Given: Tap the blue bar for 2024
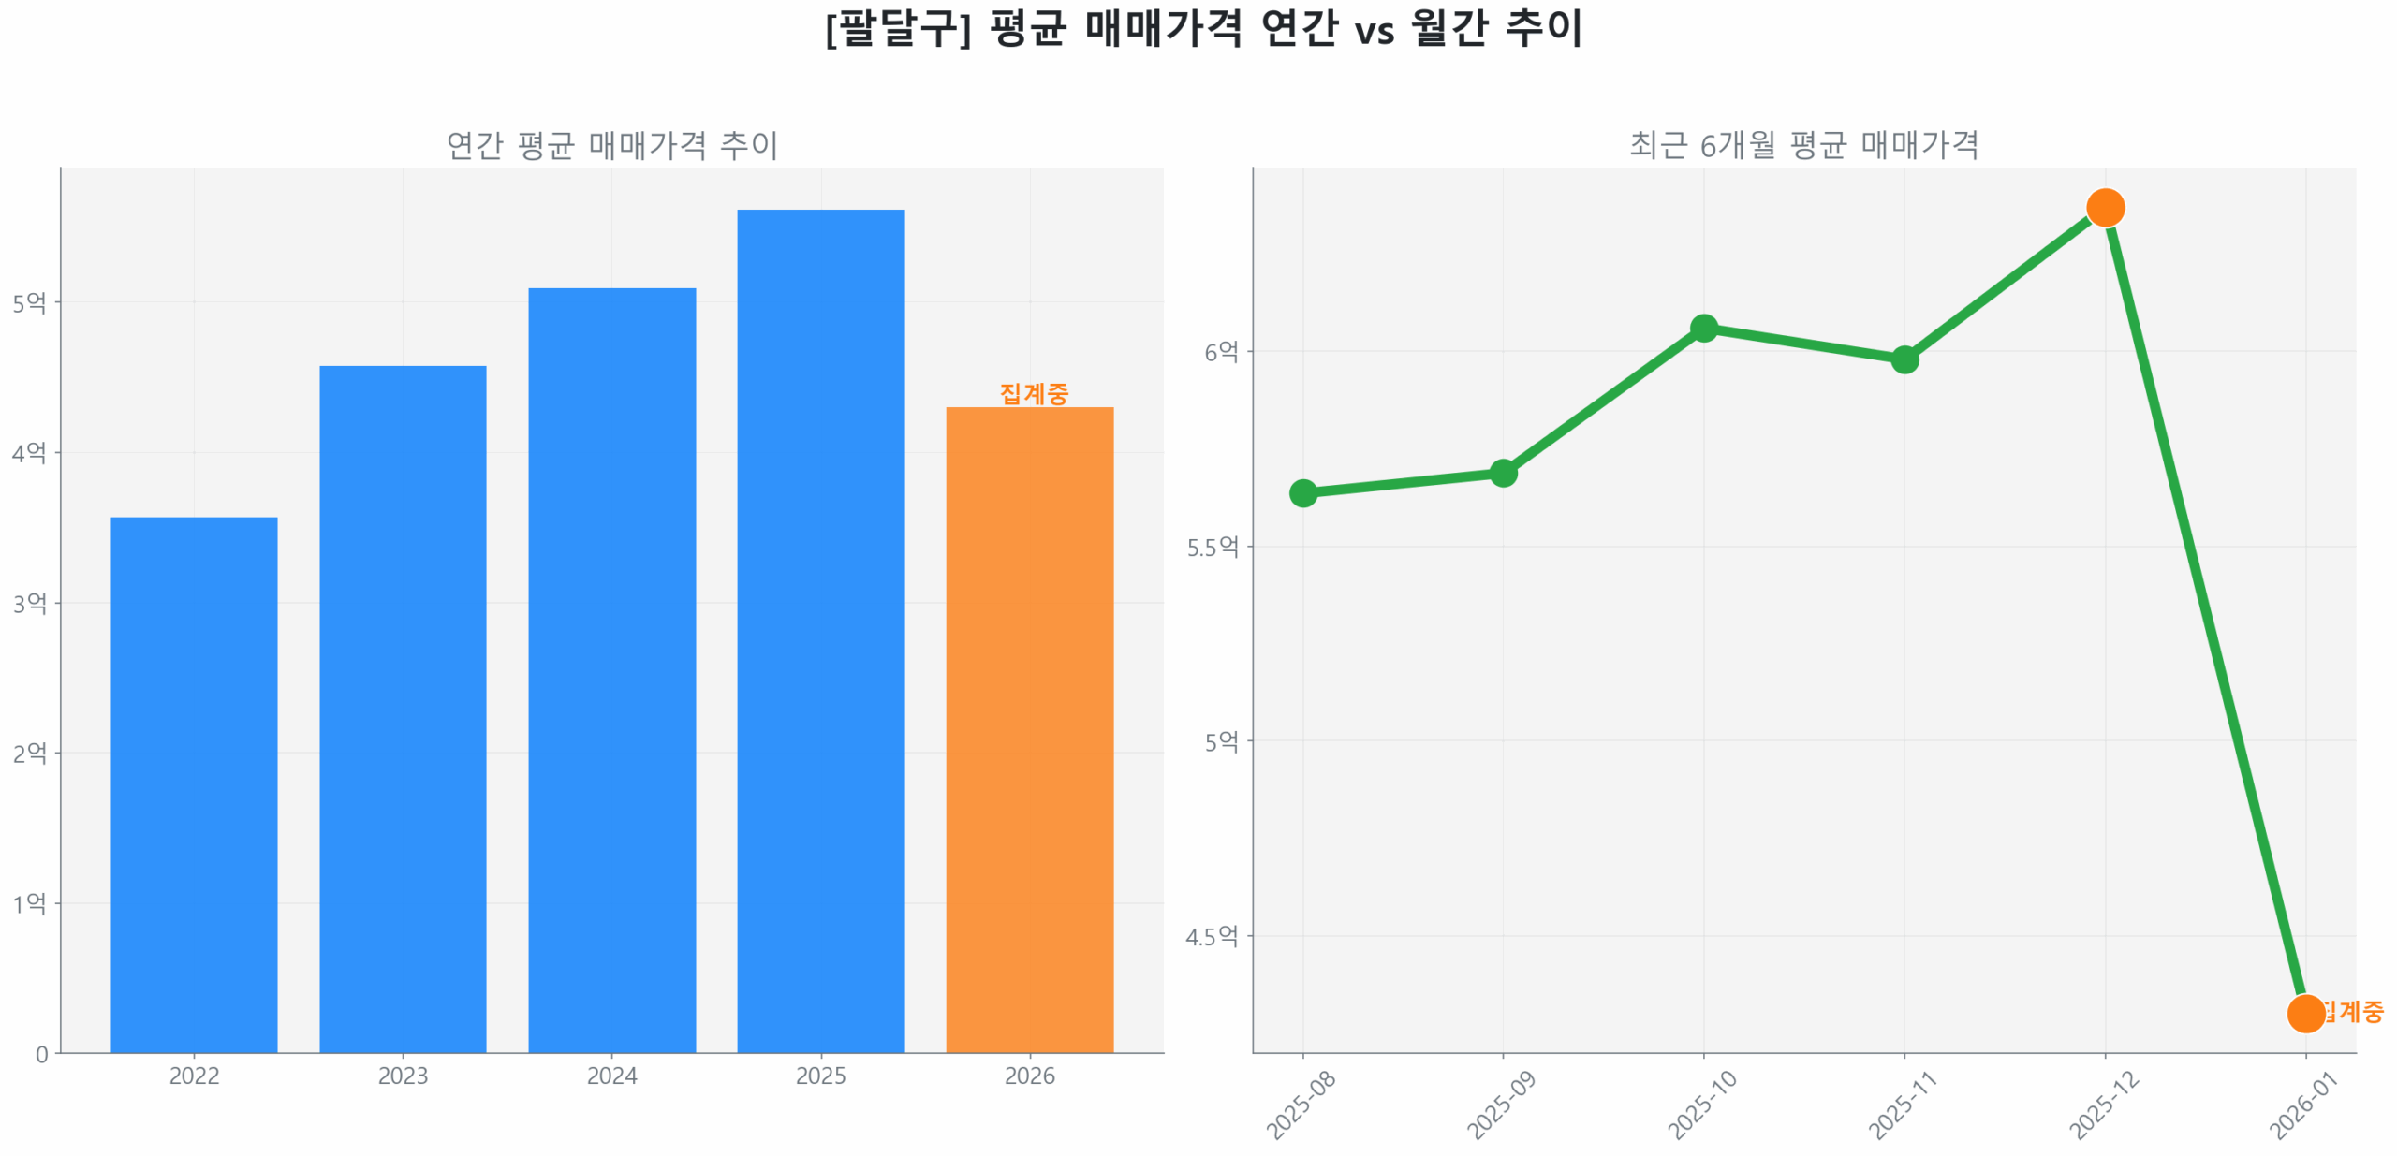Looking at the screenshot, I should pos(611,669).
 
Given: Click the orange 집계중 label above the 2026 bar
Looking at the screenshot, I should pos(1033,392).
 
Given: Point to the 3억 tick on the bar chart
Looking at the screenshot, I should pos(30,602).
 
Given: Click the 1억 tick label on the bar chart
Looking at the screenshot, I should pos(30,902).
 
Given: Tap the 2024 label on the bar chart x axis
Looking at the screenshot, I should pos(611,1075).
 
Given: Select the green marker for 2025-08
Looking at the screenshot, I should pos(1302,492).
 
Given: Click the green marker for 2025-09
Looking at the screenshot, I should pos(1503,473).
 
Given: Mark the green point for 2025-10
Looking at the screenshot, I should pos(1703,328).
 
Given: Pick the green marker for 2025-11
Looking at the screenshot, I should pos(1904,359).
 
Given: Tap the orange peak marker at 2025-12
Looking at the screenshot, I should pos(2105,207).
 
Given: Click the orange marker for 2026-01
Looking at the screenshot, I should pos(2304,1012).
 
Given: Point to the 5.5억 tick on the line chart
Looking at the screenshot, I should pos(1213,547).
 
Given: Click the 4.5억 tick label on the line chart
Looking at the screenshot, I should pos(1213,935).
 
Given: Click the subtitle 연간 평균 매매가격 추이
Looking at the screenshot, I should pos(611,145).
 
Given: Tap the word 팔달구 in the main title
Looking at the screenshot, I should pos(897,28).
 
